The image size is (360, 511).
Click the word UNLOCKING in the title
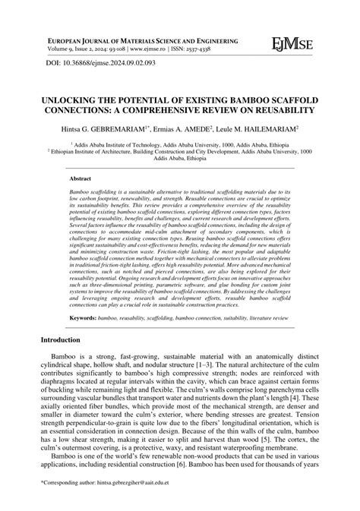click(x=77, y=100)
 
